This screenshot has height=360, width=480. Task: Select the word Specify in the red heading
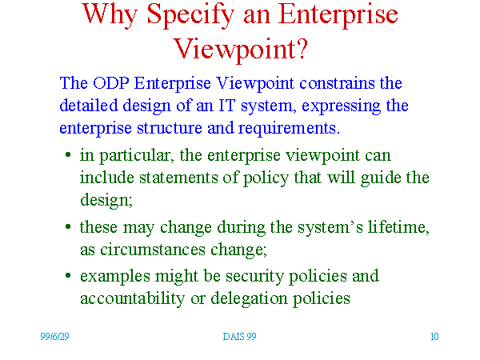(190, 15)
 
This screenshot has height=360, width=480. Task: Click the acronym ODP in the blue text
(111, 83)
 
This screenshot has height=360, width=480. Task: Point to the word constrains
(337, 83)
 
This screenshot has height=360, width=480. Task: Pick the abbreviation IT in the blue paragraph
(227, 106)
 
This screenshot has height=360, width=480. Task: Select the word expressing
(341, 106)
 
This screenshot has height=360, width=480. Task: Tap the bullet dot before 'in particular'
(68, 155)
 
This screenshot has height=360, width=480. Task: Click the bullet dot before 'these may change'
(68, 227)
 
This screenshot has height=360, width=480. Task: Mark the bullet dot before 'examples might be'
(68, 275)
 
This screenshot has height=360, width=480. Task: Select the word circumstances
(153, 250)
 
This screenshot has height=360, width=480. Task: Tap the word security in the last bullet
(254, 277)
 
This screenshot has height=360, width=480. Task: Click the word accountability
(132, 298)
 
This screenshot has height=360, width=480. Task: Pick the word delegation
(249, 298)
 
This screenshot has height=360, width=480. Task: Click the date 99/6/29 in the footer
(54, 337)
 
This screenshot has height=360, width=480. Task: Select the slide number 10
(434, 337)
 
